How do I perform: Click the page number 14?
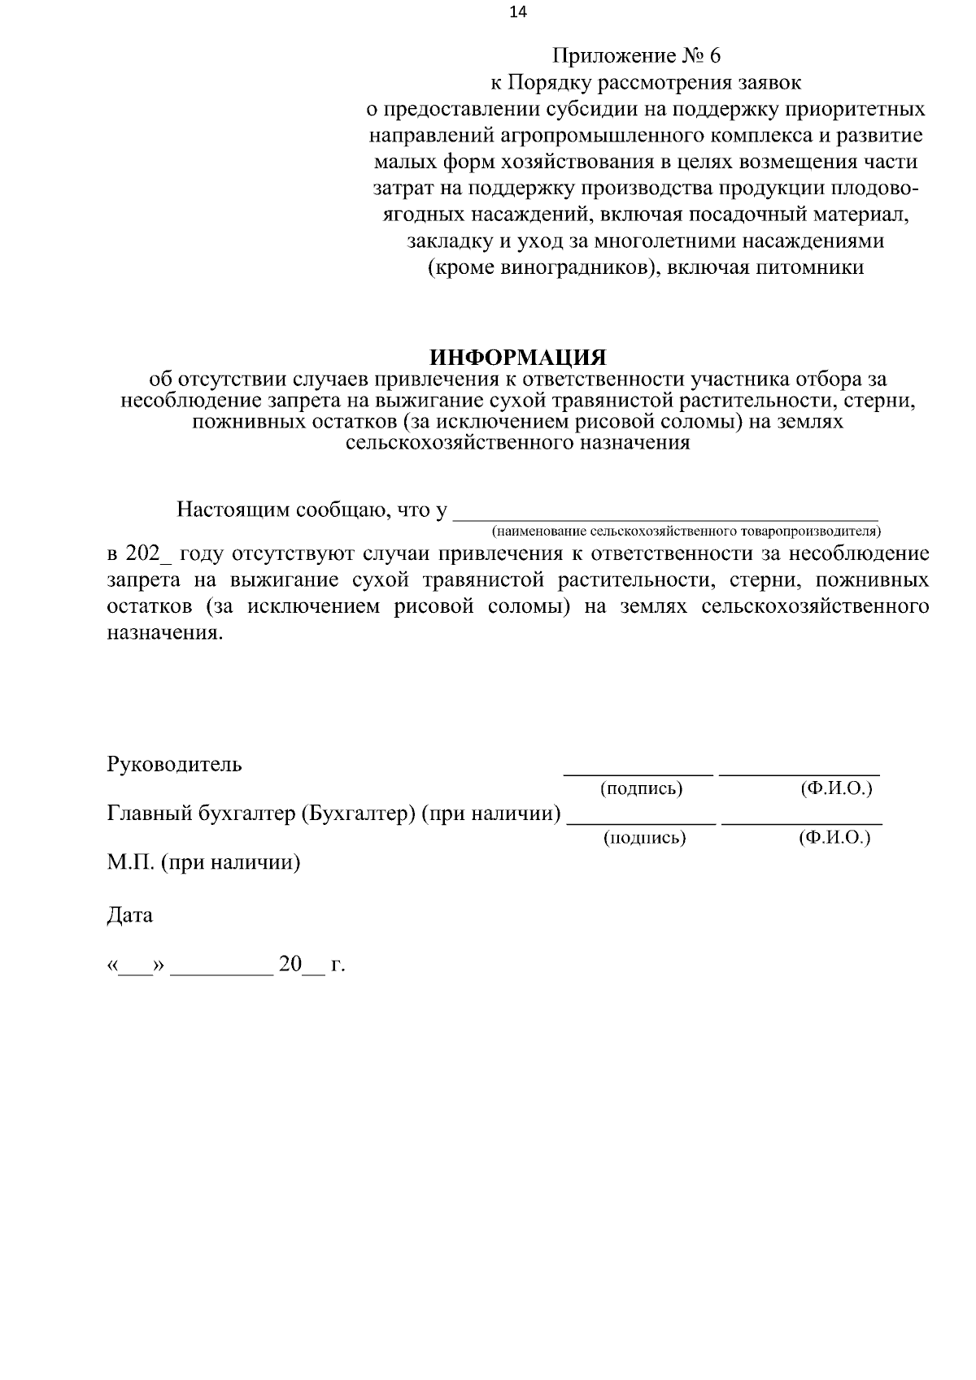tap(518, 11)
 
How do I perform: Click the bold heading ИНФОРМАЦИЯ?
tap(518, 358)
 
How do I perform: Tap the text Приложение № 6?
tap(637, 56)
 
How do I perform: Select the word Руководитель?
tap(174, 765)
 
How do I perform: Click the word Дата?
tap(130, 915)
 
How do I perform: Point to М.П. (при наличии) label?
tap(203, 862)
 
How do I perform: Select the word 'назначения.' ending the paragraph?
tap(164, 633)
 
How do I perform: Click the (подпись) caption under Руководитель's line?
tap(641, 788)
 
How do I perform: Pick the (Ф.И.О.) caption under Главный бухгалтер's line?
tap(834, 838)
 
